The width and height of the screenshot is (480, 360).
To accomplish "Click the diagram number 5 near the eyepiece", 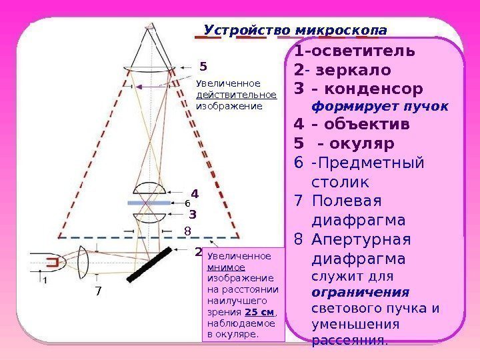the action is click(204, 67).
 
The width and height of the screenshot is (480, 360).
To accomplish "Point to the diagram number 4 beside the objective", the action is click(195, 195).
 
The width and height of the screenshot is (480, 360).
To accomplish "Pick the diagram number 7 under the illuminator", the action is click(98, 291).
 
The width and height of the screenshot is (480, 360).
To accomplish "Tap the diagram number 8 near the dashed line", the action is click(187, 231).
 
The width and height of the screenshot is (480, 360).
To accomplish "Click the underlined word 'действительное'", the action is click(236, 94).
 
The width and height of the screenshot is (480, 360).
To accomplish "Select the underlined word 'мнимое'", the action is click(221, 267).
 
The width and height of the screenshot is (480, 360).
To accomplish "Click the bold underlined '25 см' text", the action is click(259, 312).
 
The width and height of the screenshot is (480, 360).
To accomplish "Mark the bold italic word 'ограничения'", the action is click(361, 293).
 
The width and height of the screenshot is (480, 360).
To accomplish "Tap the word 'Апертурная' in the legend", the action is click(364, 239).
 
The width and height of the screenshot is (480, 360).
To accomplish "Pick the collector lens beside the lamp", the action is click(83, 263).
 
